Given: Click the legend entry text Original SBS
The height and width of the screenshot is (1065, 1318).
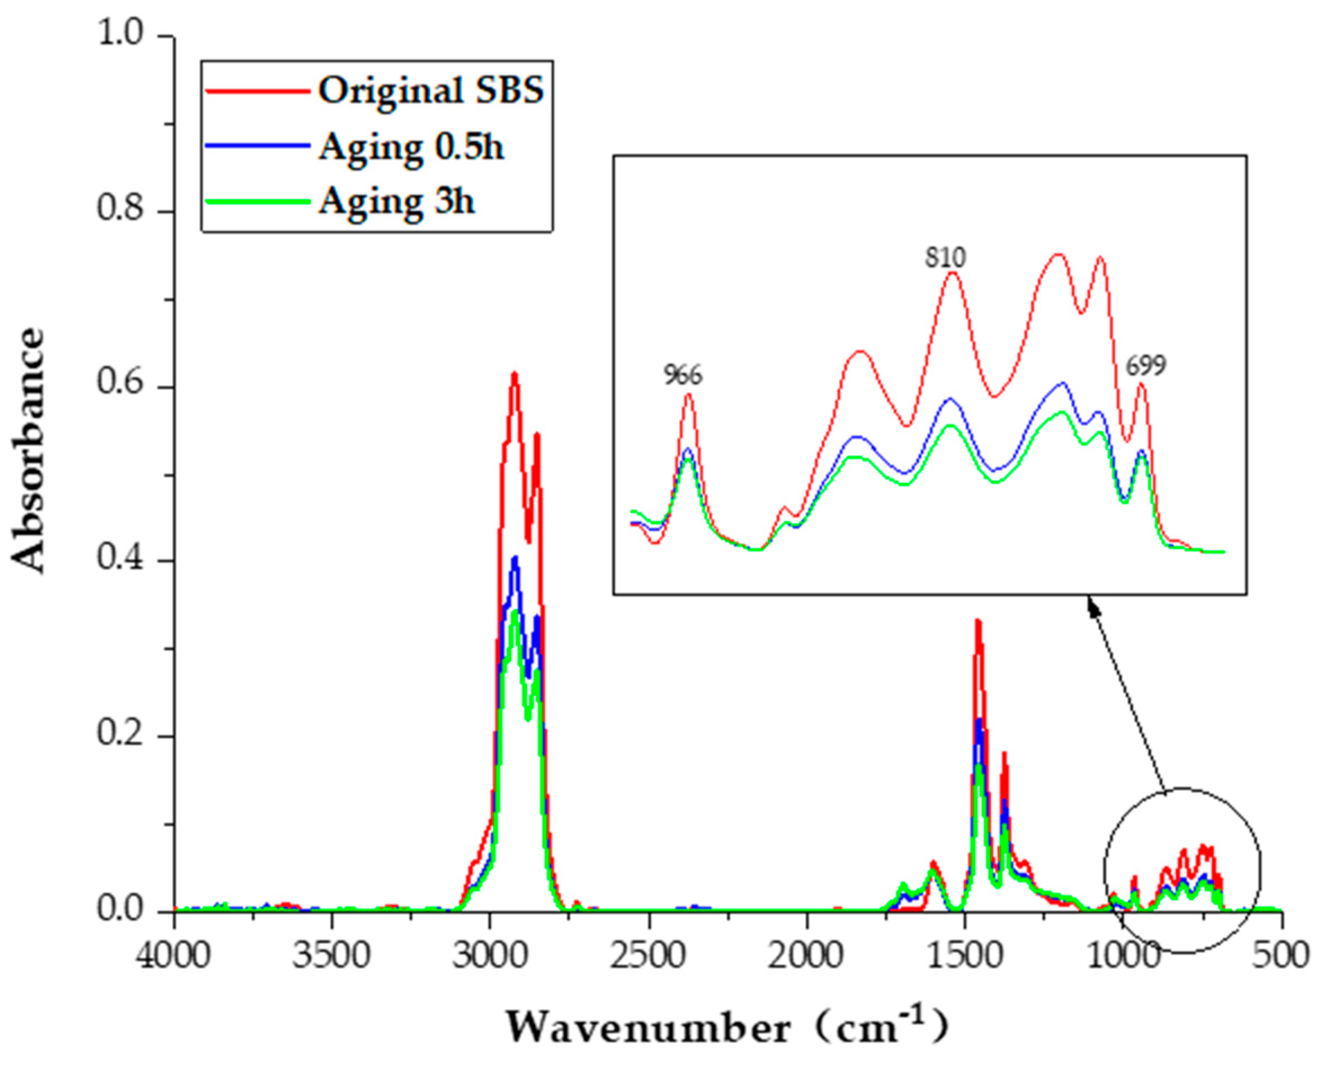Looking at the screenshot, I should pyautogui.click(x=431, y=91).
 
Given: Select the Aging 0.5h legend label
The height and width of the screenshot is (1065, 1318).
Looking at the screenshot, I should pyautogui.click(x=411, y=147).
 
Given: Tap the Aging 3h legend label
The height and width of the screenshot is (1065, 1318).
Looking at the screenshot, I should pyautogui.click(x=396, y=200).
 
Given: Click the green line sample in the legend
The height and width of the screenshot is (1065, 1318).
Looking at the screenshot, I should pyautogui.click(x=257, y=200).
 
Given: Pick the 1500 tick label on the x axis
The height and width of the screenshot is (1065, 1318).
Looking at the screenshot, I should pyautogui.click(x=964, y=956).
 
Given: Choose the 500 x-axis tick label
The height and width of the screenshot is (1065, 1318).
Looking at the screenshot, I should pyautogui.click(x=1281, y=956).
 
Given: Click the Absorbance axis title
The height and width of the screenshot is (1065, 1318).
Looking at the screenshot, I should pyautogui.click(x=29, y=451).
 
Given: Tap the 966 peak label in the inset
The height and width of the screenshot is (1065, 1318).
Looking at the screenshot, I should pyautogui.click(x=683, y=375).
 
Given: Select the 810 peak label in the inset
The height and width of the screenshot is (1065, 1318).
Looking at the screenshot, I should pyautogui.click(x=945, y=258).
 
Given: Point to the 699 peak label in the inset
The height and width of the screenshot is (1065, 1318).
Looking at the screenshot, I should pyautogui.click(x=1145, y=366).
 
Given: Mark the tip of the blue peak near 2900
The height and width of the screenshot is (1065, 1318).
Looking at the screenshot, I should pyautogui.click(x=515, y=557).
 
